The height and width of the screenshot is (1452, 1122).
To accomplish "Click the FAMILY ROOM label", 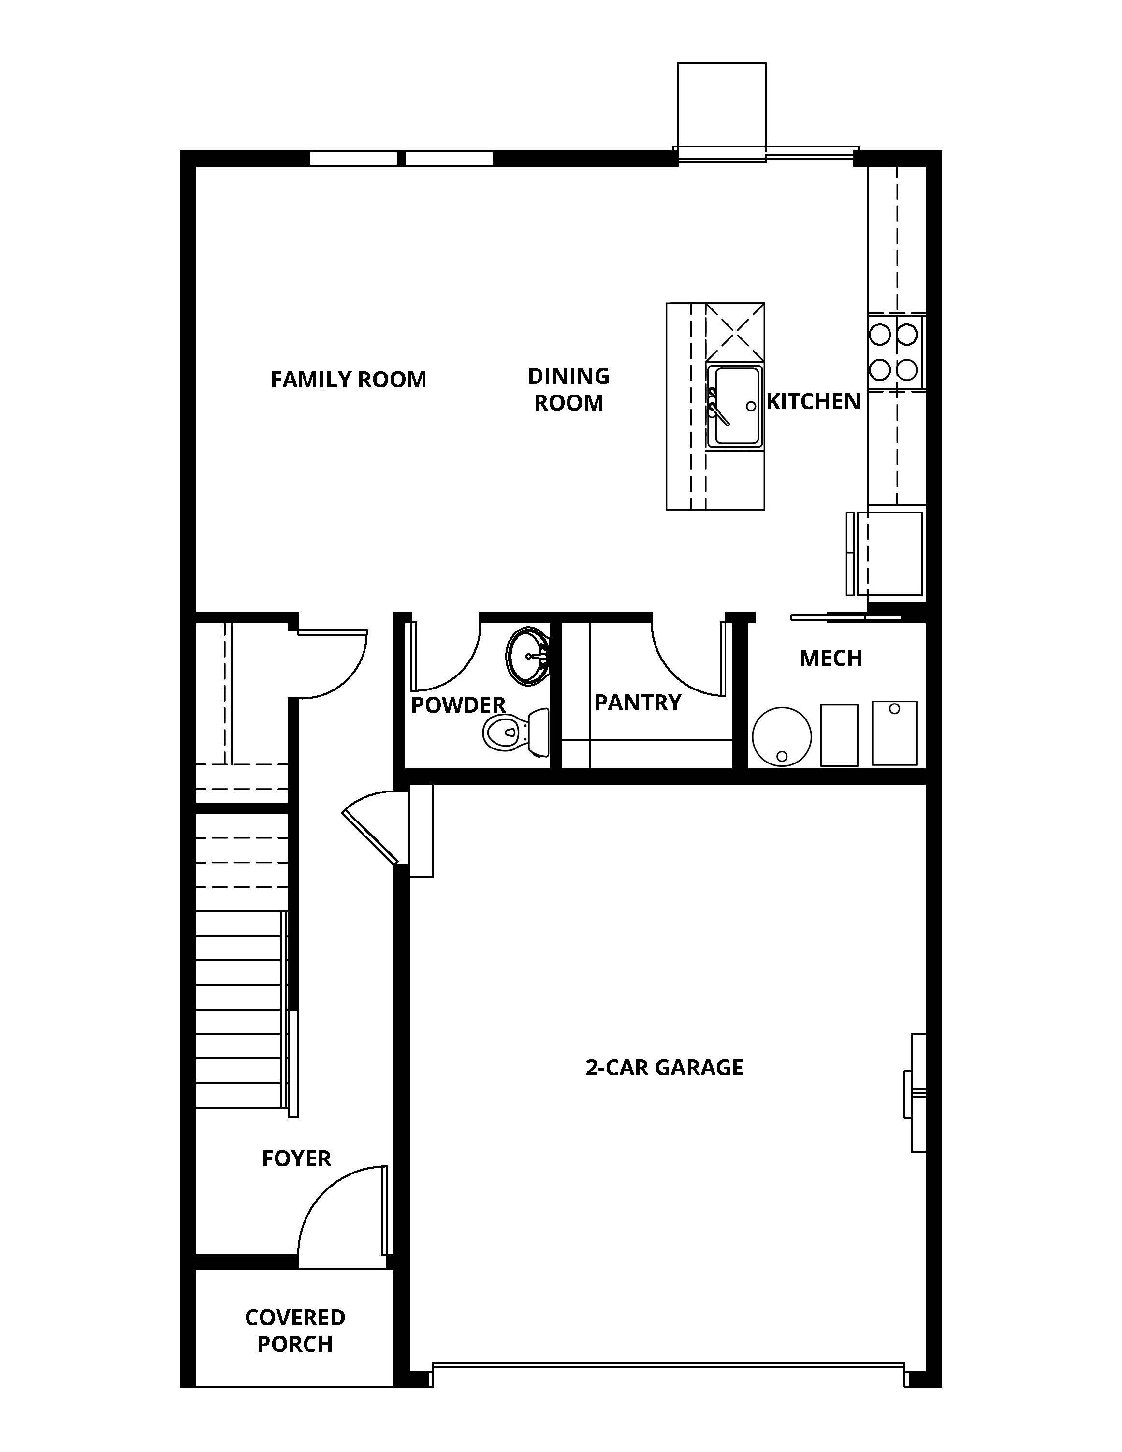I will pos(348,380).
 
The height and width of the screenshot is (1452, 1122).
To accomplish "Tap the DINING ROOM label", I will pos(568,390).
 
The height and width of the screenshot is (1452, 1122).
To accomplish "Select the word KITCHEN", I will pos(814,401).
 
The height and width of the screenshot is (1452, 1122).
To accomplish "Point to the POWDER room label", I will pos(458,705).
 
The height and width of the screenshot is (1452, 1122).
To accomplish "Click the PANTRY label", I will pos(638,703).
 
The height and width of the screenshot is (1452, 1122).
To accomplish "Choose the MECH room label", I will pos(831,658).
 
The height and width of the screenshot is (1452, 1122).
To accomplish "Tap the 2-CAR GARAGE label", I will pos(664,1068).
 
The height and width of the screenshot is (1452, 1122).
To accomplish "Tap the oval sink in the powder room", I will pos(528,656).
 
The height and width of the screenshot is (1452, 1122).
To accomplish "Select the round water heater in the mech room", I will pos(782,737).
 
